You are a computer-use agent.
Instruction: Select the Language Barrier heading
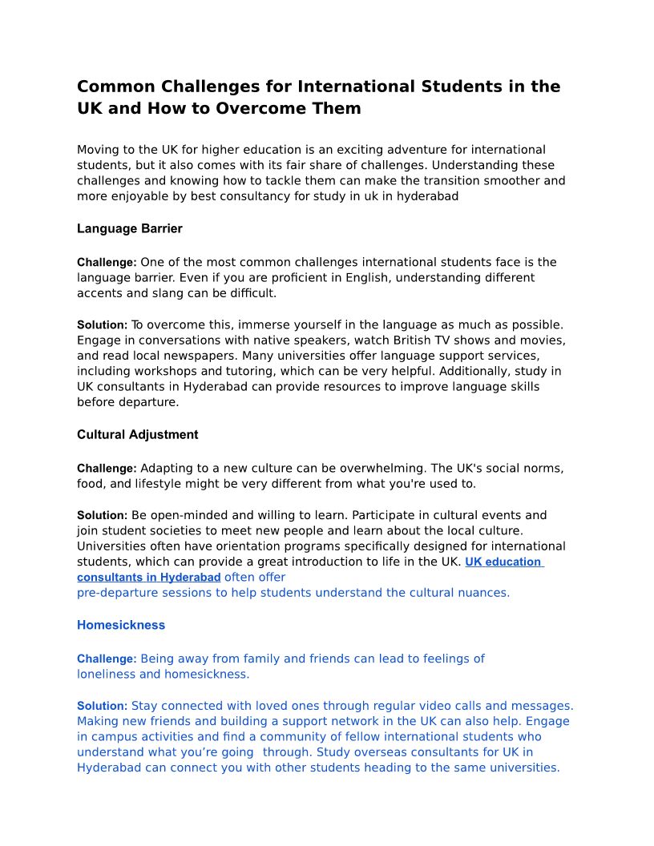[x=130, y=229]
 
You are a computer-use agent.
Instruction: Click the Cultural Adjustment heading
[x=138, y=435]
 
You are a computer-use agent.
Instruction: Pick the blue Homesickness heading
[x=121, y=626]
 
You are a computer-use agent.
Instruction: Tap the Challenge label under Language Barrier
[x=107, y=263]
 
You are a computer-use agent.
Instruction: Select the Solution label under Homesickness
[x=102, y=707]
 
